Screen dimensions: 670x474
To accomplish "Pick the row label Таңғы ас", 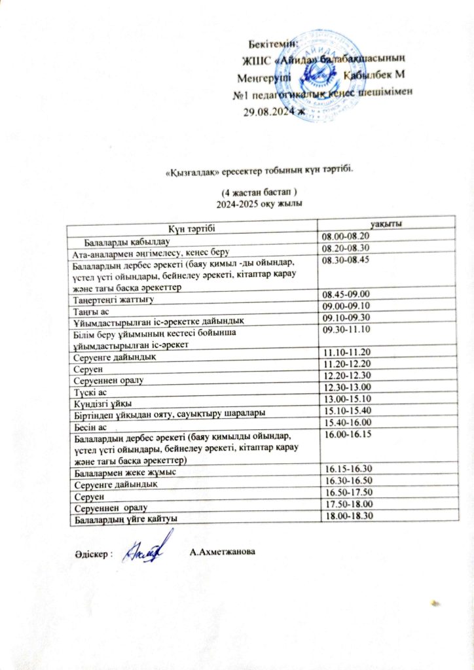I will tap(90, 306).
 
